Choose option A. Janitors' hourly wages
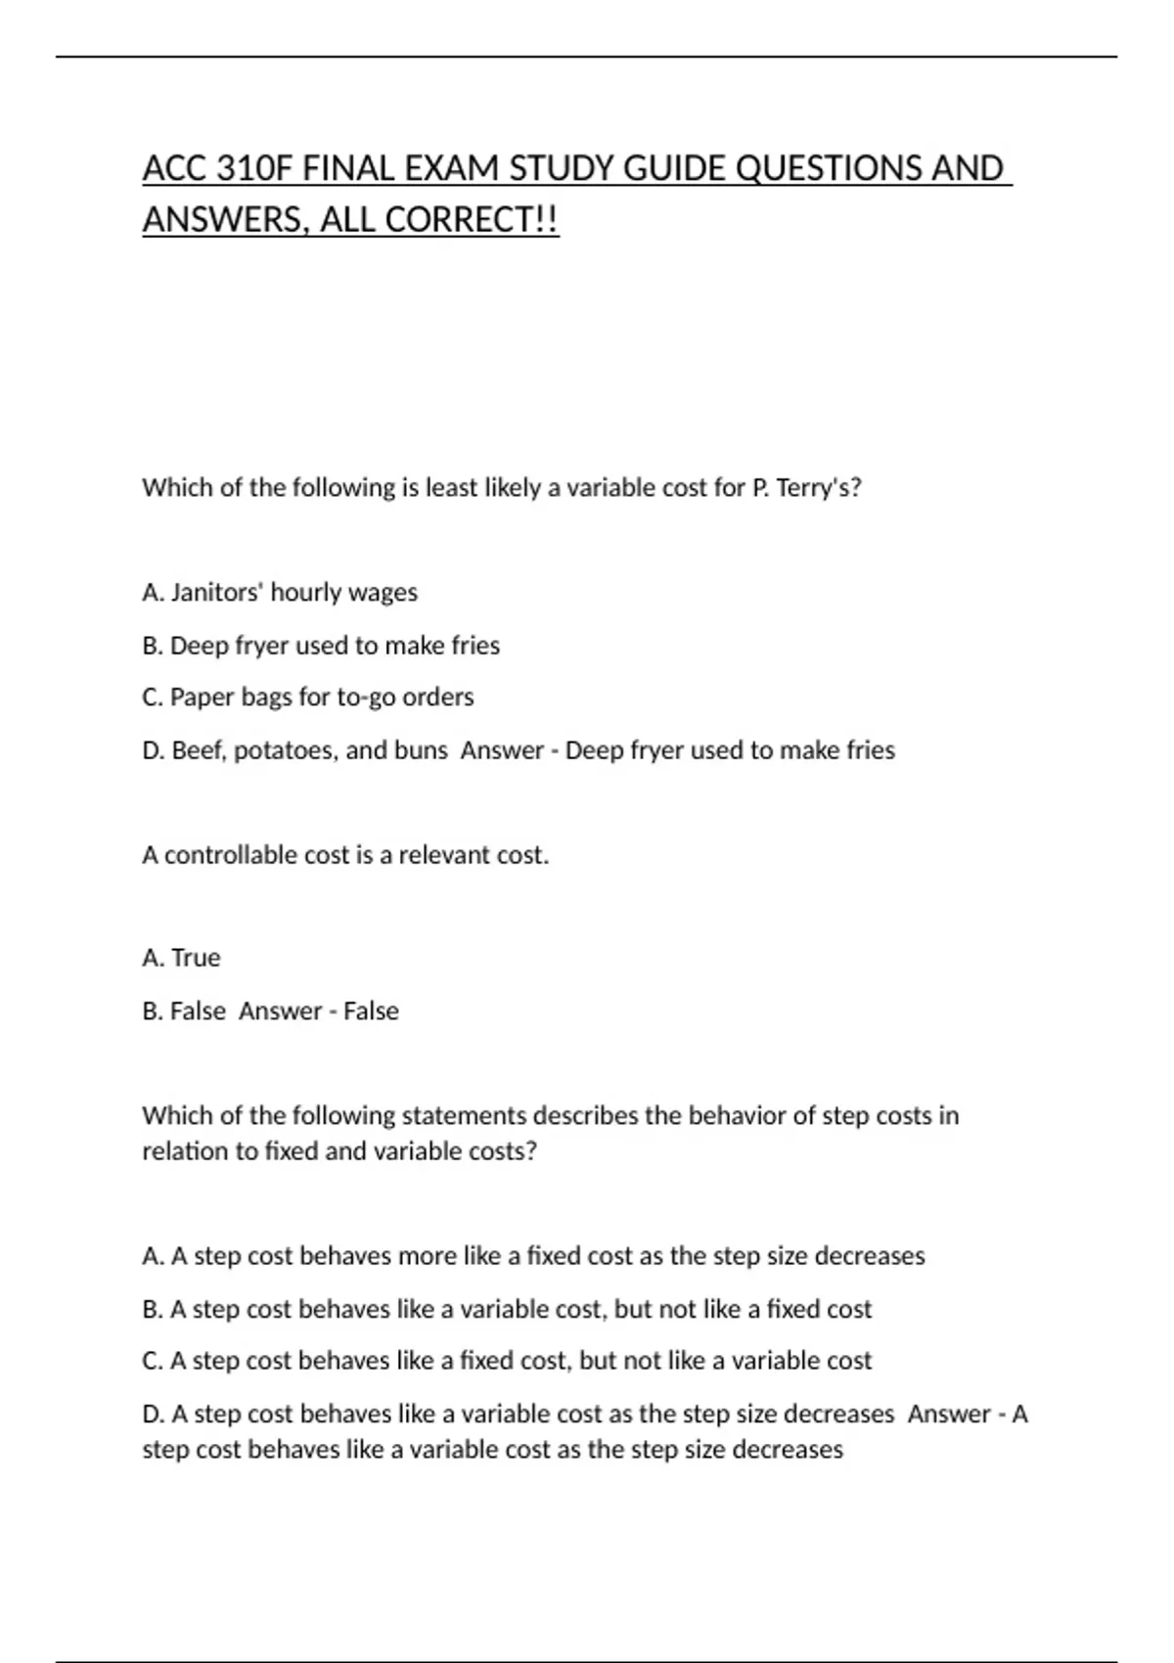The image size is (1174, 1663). click(x=280, y=593)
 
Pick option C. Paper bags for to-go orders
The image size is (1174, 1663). click(x=308, y=697)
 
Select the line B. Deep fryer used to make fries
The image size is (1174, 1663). click(x=321, y=646)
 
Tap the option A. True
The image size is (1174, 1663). click(x=182, y=958)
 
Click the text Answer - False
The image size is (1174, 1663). click(x=319, y=1011)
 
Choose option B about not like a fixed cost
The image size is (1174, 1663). click(x=507, y=1309)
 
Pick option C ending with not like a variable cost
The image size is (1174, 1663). click(x=507, y=1361)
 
